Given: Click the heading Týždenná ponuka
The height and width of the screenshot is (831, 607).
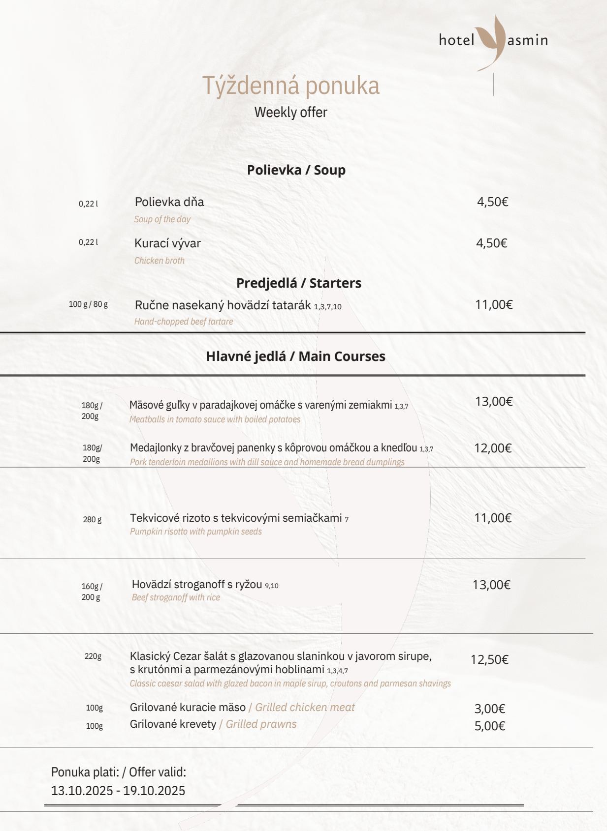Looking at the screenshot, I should (x=290, y=86).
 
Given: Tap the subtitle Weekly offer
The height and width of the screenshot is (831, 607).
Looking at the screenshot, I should (x=290, y=112).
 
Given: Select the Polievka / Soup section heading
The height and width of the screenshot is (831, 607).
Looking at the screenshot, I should (x=296, y=170).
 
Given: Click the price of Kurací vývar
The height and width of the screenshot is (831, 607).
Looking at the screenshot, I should (x=491, y=243).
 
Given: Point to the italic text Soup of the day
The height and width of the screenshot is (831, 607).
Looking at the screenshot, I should (x=162, y=219).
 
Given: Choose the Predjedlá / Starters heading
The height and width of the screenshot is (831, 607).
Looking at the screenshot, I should (x=298, y=283).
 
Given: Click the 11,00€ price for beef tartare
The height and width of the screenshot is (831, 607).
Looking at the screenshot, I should (x=494, y=304).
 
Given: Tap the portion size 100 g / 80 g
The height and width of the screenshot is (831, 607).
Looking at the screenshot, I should (x=88, y=304).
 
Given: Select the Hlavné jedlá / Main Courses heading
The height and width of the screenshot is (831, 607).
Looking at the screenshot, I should (x=295, y=356).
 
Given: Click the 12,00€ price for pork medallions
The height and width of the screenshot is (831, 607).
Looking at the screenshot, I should (x=493, y=448).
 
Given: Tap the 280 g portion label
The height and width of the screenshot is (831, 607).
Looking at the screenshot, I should (x=92, y=520).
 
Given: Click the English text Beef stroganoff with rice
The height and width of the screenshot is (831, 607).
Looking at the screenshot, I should (x=176, y=597).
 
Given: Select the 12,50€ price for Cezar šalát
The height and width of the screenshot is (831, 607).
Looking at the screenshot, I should (x=489, y=659).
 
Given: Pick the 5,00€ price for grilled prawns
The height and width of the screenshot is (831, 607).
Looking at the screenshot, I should (x=489, y=726).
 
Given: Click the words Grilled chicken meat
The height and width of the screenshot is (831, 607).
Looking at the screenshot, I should (x=305, y=708).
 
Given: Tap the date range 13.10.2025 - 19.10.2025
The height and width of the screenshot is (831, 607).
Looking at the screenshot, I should (x=118, y=791).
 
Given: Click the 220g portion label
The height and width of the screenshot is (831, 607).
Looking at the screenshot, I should (x=93, y=656).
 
